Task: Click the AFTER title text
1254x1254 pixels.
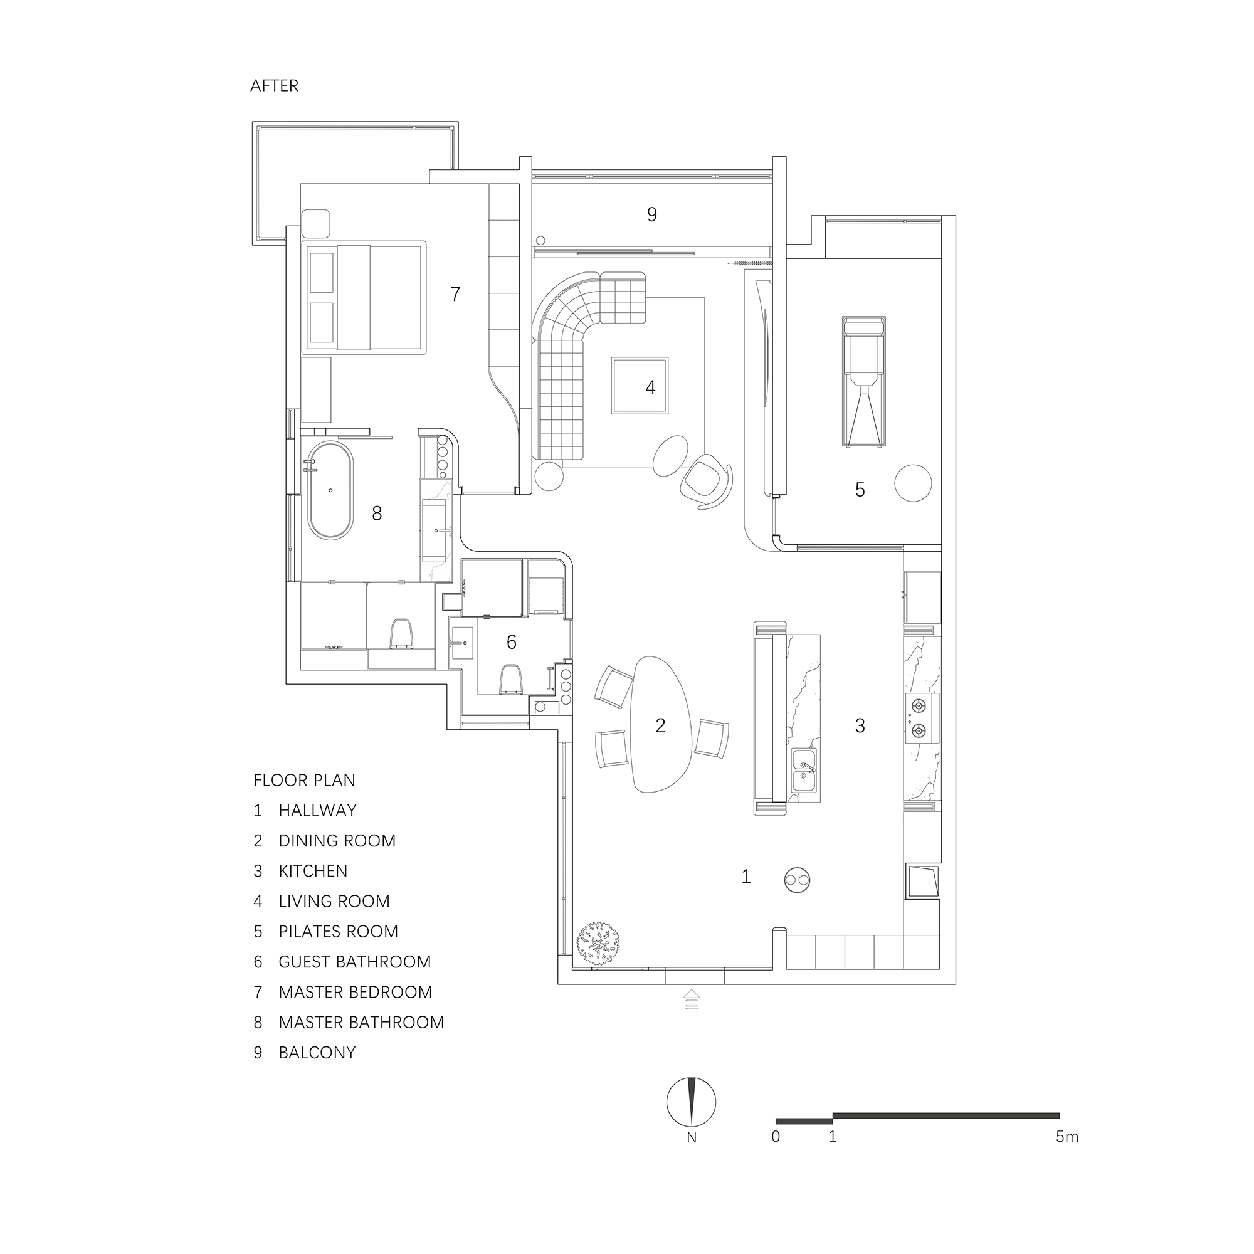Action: coord(274,86)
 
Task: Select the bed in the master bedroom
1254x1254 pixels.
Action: coord(365,297)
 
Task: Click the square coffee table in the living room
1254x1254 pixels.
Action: coord(639,386)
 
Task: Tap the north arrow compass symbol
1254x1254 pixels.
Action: coord(690,1102)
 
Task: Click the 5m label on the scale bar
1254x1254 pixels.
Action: coord(1067,1137)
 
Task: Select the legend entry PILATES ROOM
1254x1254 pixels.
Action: coord(337,932)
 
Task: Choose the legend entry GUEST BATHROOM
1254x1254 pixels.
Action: coord(354,962)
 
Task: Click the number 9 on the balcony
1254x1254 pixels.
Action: coord(651,214)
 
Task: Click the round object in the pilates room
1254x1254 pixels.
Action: coord(912,483)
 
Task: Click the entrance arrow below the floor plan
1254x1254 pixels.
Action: coord(691,1000)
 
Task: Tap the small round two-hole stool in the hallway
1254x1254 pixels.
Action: coord(796,880)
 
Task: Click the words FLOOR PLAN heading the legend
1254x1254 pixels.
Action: coord(305,780)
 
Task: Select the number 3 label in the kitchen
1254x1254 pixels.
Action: coord(860,725)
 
